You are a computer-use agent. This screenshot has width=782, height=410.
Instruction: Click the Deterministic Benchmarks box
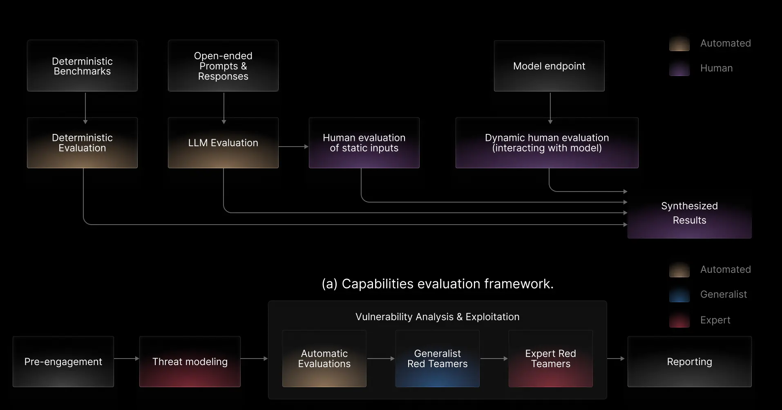pyautogui.click(x=82, y=66)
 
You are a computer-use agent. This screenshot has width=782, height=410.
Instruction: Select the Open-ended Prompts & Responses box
pyautogui.click(x=223, y=66)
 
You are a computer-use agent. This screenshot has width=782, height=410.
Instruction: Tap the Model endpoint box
pyautogui.click(x=549, y=66)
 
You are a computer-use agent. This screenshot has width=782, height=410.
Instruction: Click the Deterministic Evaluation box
pyautogui.click(x=82, y=143)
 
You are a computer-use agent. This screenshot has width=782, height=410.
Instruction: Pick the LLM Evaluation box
pyautogui.click(x=223, y=143)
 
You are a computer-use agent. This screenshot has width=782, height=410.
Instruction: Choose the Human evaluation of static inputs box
pyautogui.click(x=364, y=143)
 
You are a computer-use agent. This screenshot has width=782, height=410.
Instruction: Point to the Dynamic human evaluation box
pyautogui.click(x=547, y=143)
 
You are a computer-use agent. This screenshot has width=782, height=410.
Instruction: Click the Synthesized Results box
pyautogui.click(x=689, y=214)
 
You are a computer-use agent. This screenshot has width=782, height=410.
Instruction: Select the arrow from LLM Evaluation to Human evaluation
pyautogui.click(x=293, y=147)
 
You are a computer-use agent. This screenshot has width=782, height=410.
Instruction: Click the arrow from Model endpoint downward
pyautogui.click(x=550, y=107)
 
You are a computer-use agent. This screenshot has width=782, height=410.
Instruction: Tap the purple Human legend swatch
pyautogui.click(x=679, y=69)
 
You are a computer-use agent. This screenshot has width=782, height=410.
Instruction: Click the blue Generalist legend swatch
pyautogui.click(x=679, y=295)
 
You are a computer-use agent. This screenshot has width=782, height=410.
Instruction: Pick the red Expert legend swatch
pyautogui.click(x=679, y=320)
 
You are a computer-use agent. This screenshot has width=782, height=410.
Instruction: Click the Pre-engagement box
pyautogui.click(x=63, y=362)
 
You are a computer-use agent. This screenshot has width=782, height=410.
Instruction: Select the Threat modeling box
pyautogui.click(x=190, y=362)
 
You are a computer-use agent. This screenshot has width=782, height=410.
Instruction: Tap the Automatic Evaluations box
pyautogui.click(x=324, y=359)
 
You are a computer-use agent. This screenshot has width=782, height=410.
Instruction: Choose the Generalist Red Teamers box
pyautogui.click(x=437, y=359)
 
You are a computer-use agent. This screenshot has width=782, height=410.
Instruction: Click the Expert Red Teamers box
pyautogui.click(x=550, y=359)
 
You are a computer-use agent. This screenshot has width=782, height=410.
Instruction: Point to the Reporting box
pyautogui.click(x=689, y=362)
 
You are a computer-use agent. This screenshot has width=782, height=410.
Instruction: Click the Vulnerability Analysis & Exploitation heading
pyautogui.click(x=437, y=317)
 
